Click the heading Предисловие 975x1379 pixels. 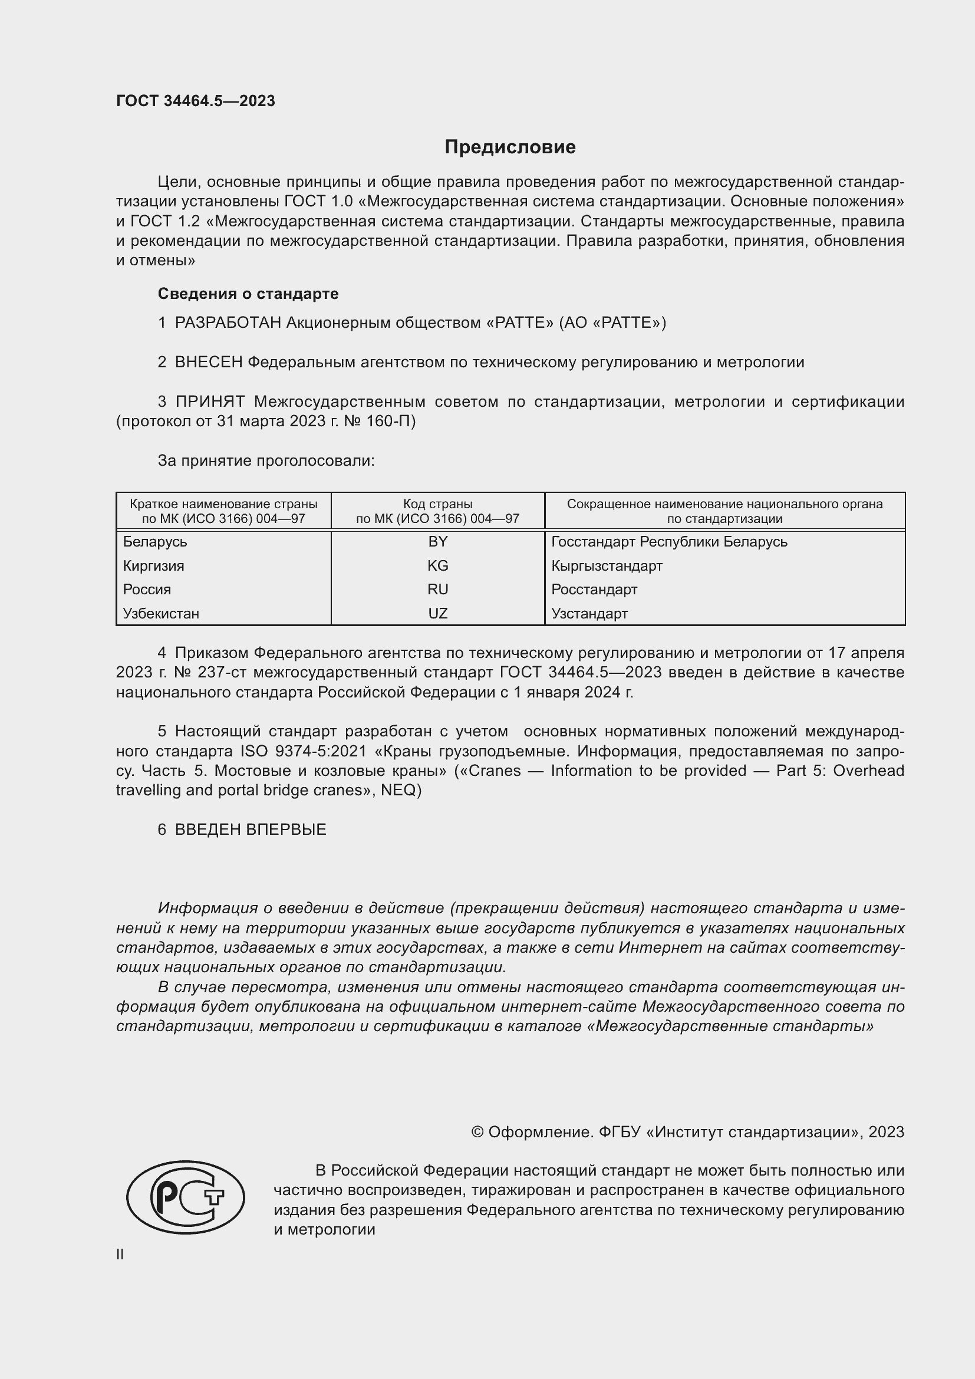pos(510,147)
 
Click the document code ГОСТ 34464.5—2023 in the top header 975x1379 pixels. pos(196,101)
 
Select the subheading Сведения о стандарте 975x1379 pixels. pos(248,294)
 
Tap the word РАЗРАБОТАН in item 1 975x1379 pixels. pos(228,323)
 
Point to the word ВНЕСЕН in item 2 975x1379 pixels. pos(209,363)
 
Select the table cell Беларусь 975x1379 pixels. pos(155,542)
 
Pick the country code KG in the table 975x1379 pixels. pos(437,566)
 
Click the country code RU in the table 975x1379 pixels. pos(437,589)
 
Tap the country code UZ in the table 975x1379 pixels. pos(437,613)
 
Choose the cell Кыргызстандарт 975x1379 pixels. pos(607,566)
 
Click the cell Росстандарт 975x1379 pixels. pos(594,589)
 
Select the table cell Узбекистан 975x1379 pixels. pos(161,613)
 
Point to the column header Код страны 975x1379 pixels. pos(437,504)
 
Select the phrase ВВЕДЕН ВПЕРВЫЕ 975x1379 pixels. pos(251,830)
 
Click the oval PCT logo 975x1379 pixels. pos(186,1196)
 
